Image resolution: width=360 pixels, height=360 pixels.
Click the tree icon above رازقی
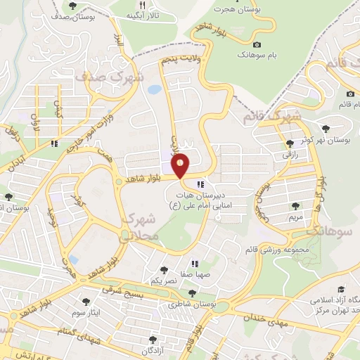(x=290, y=143)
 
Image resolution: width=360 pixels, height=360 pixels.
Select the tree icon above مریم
(x=295, y=207)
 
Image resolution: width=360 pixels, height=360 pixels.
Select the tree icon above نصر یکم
(x=163, y=269)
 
